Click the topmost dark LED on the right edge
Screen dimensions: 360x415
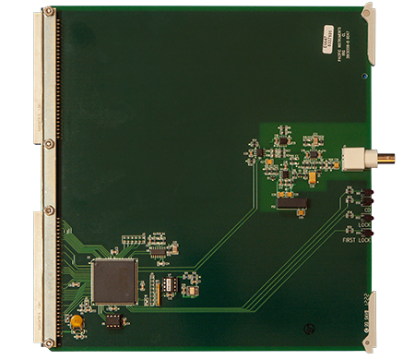pos(365,191)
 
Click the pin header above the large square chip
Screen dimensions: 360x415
pos(133,239)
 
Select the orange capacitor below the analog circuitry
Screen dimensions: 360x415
pos(300,211)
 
